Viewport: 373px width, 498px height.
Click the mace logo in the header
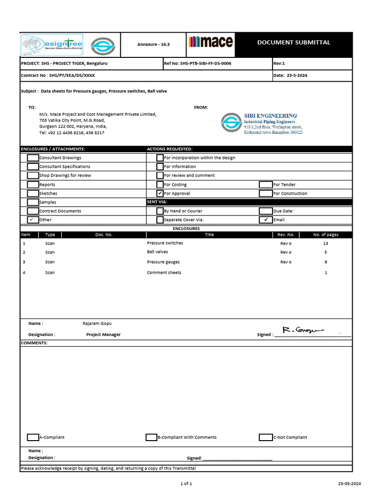[210, 42]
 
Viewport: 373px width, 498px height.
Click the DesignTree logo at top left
[51, 44]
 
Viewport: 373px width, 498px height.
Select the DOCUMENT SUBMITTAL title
[293, 42]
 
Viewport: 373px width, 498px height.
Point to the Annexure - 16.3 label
[153, 44]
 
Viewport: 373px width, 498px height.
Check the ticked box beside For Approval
[160, 193]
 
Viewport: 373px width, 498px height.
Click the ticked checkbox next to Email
[266, 220]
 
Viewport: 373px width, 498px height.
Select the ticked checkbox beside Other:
[33, 220]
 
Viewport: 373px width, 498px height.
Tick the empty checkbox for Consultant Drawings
[33, 158]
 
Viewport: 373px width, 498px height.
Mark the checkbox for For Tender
[266, 184]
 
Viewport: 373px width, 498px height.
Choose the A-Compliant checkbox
[33, 437]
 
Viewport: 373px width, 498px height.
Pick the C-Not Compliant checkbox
[266, 437]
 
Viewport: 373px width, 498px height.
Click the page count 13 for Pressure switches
[325, 243]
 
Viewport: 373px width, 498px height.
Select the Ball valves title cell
[157, 252]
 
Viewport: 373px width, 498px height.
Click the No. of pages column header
[325, 234]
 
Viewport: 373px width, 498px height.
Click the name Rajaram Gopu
[97, 323]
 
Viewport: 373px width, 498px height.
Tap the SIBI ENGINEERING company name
[270, 116]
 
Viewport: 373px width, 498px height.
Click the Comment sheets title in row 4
[164, 273]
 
